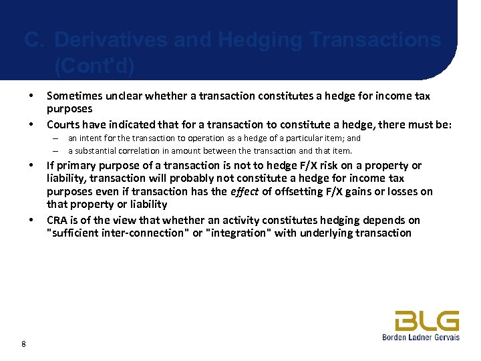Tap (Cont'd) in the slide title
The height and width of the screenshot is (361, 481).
(94, 66)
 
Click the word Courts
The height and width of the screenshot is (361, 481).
(63, 124)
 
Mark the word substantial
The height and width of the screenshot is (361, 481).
(94, 150)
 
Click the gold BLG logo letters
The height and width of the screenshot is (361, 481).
(426, 321)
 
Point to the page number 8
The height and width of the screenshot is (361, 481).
(24, 344)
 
